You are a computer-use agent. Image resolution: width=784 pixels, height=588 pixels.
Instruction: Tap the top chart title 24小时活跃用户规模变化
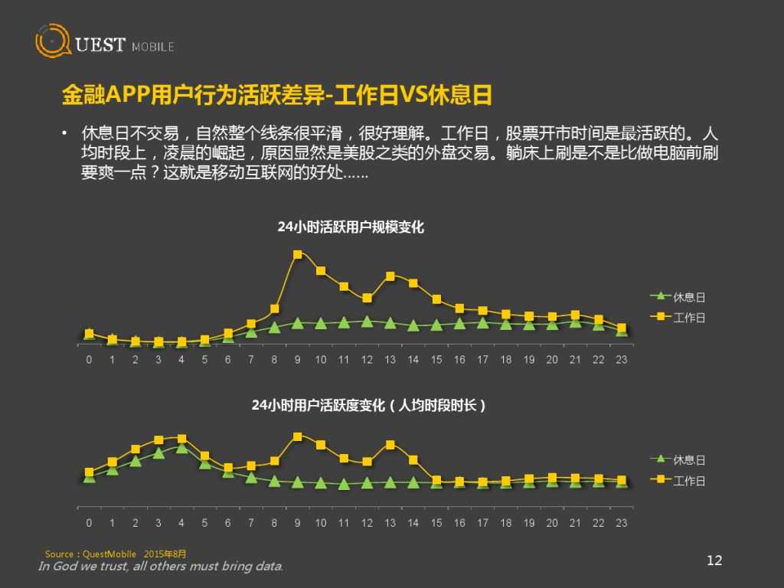[x=350, y=227]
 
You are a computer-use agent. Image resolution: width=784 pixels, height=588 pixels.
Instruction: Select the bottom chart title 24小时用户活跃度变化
[x=368, y=406]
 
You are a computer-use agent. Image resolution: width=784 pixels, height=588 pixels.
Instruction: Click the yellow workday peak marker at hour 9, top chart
[x=298, y=254]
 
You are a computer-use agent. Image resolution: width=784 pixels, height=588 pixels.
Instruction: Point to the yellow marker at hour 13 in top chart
[x=390, y=276]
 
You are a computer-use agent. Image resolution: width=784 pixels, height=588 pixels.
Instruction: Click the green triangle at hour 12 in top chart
[x=367, y=322]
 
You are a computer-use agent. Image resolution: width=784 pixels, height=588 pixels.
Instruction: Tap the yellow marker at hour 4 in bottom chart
[x=181, y=439]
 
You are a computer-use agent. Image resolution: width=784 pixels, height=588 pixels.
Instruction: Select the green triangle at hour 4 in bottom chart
[x=181, y=448]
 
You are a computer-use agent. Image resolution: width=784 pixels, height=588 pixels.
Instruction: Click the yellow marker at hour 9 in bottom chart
[x=298, y=436]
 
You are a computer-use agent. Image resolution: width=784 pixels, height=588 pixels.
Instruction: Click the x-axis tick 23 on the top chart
[x=622, y=360]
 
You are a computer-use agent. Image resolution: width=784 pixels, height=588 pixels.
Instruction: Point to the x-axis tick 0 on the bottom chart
[x=89, y=523]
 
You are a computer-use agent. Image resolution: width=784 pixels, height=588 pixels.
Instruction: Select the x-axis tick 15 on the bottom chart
[x=436, y=523]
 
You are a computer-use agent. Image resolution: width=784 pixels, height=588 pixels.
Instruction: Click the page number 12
[x=714, y=560]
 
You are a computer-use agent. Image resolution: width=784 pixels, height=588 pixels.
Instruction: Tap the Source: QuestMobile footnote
[x=116, y=554]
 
